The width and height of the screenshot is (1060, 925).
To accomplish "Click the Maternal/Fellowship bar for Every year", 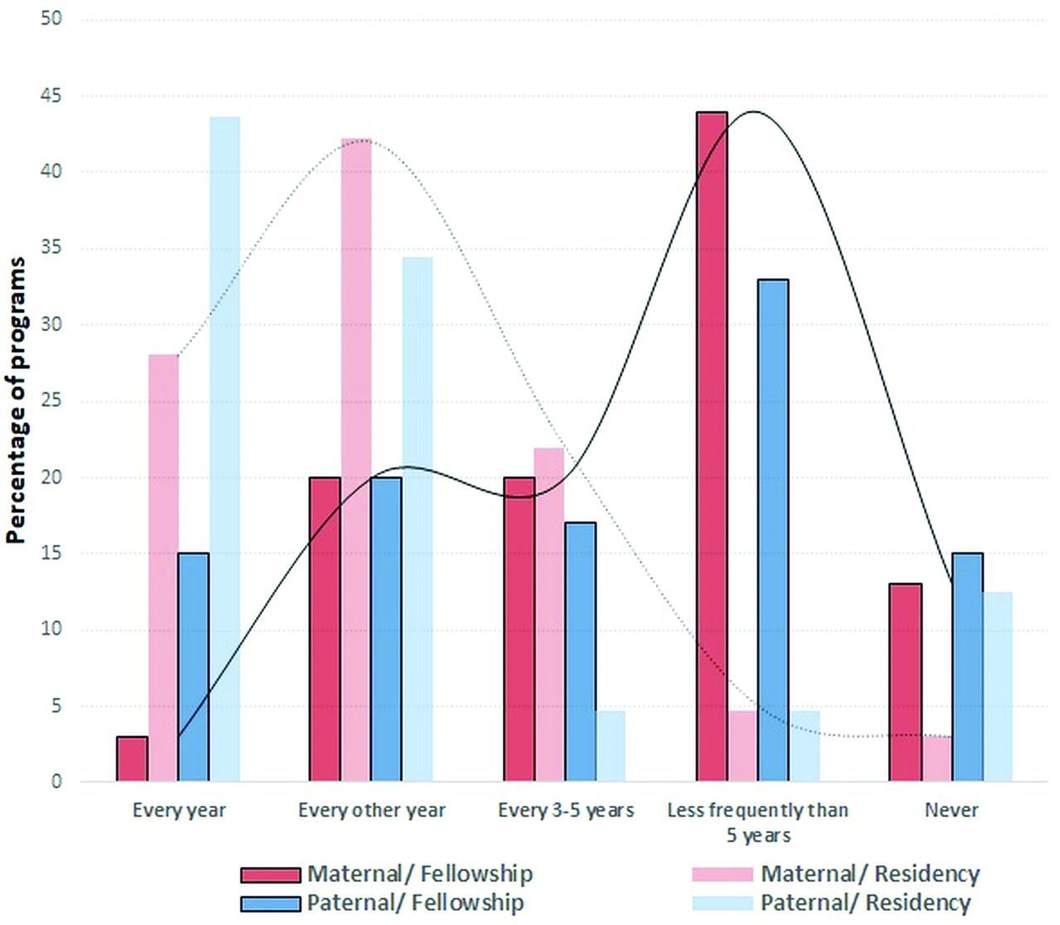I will [x=132, y=759].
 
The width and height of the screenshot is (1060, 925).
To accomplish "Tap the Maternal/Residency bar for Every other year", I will [x=356, y=460].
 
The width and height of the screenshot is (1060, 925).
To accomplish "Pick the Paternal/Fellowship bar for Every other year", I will [x=386, y=629].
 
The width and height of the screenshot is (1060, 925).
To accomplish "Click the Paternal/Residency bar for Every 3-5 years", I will [x=610, y=745].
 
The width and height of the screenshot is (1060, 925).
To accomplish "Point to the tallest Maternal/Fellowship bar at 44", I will [x=712, y=447].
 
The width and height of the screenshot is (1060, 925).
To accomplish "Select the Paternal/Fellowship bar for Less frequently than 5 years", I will [x=773, y=530].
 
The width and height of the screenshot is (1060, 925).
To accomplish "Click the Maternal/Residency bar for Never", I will [x=937, y=759].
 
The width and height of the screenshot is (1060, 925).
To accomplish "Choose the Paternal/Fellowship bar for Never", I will [x=967, y=667].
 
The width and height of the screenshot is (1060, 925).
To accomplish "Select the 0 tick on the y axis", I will [x=56, y=782].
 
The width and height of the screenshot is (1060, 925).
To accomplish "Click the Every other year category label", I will [x=372, y=810].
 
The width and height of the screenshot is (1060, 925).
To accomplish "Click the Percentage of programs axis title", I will [x=17, y=400].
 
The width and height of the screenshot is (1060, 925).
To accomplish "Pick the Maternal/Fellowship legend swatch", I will [x=270, y=875].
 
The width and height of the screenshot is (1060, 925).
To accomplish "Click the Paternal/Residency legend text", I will [x=865, y=903].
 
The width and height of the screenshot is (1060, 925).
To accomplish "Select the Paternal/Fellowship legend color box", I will [x=270, y=903].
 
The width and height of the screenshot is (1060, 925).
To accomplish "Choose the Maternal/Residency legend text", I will [x=870, y=874].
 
